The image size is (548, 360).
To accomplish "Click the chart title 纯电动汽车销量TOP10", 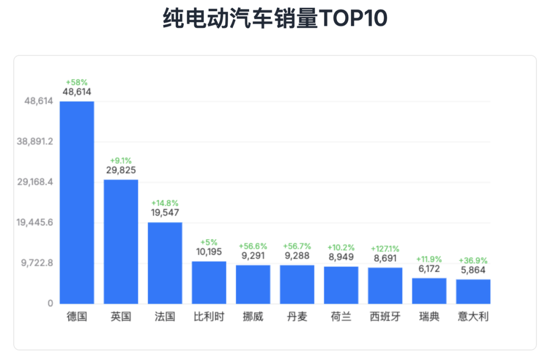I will (275, 19).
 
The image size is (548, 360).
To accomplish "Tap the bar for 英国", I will (121, 241).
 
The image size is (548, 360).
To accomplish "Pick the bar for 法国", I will (165, 263).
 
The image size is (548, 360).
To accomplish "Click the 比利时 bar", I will (209, 282).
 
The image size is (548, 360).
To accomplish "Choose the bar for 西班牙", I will (385, 285).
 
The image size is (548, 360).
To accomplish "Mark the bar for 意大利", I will (473, 291).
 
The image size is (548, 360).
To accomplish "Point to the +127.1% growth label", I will (385, 249).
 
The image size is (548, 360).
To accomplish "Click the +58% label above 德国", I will (77, 82).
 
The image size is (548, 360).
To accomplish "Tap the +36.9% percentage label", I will (473, 260).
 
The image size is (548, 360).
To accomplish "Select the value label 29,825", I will (121, 170).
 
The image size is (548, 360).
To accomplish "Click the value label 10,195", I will (209, 251).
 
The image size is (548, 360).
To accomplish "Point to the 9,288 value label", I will (297, 255).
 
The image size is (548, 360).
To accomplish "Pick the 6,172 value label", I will (429, 269).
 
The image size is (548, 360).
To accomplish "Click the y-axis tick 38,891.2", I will (35, 142).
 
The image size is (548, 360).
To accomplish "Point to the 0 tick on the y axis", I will (50, 304).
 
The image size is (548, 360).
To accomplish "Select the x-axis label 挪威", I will (253, 317).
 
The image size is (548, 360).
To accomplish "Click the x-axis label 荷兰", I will (341, 317).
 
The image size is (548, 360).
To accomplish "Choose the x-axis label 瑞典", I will (429, 317).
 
